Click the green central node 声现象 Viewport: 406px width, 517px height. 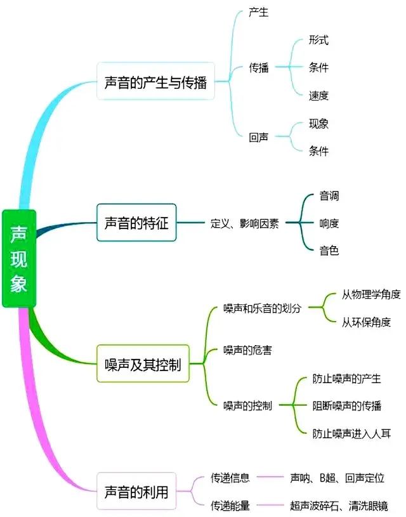19,258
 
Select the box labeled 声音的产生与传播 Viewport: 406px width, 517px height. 155,82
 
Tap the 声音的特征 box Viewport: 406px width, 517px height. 136,223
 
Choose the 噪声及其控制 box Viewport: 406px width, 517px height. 143,364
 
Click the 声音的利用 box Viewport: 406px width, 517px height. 136,491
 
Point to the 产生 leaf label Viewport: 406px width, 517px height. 259,12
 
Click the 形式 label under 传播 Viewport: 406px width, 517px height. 318,40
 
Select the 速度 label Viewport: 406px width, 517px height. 318,95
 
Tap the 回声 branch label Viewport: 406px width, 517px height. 259,137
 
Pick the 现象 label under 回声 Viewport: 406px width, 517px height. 318,124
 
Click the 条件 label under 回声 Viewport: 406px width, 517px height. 318,151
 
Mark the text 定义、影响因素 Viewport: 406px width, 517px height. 244,223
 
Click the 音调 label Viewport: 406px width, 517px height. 329,196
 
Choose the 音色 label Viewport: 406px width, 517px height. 329,251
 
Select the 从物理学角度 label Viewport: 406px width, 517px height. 371,294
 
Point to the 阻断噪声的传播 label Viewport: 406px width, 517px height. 347,406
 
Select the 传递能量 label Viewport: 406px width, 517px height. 230,506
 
